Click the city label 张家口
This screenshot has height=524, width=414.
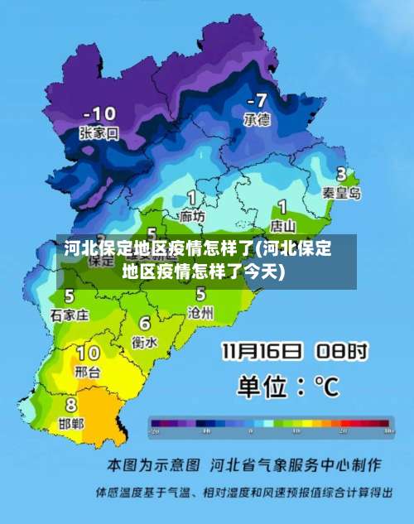pos(99,132)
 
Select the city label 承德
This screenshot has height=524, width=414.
pos(257,119)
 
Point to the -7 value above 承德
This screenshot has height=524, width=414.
pos(257,100)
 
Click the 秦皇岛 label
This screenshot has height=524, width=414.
pos(342,193)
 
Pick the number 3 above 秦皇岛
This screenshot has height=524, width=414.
pos(340,175)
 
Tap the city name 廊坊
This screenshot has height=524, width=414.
pos(192,216)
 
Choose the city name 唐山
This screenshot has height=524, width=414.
pos(283,224)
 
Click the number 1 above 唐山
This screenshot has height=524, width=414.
pos(282,206)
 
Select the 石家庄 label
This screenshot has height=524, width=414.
pos(70,315)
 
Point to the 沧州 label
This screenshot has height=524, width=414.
pos(201,312)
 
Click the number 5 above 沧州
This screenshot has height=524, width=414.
pos(200,294)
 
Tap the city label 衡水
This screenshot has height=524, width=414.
pos(145,341)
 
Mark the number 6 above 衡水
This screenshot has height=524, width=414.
pos(145,323)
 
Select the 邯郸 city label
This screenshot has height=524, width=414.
pos(71,423)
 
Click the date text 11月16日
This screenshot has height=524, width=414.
pos(261,352)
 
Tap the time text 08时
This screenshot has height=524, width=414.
pos(339,352)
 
